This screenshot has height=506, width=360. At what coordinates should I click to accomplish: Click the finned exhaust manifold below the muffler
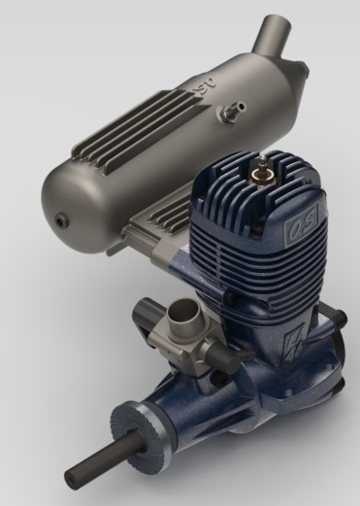tap(165, 214)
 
